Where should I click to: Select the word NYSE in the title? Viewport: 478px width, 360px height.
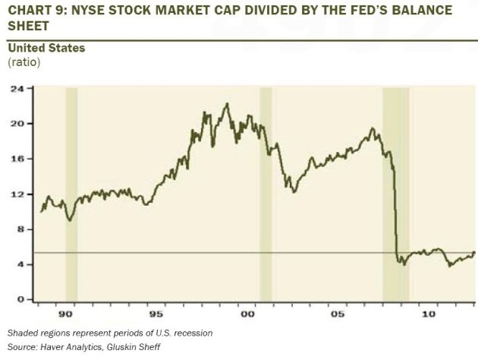(93, 11)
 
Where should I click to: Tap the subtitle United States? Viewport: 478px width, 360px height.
(46, 48)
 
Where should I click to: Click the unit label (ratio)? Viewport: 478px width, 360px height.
(24, 62)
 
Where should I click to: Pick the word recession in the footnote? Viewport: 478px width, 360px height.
(190, 333)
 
